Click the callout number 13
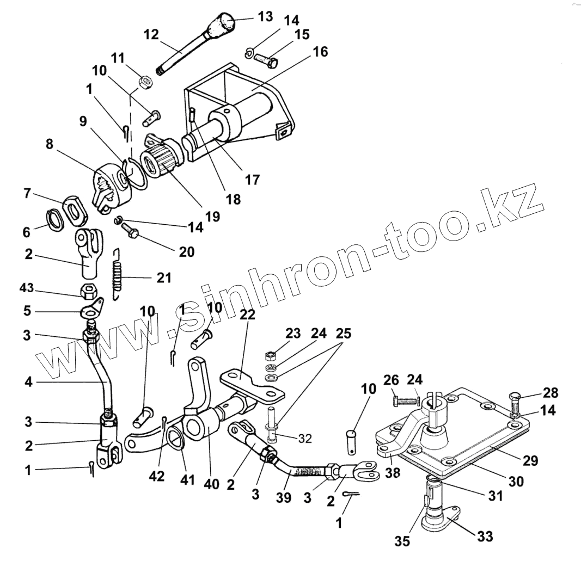click(265, 16)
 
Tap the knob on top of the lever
click(223, 24)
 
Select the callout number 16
click(321, 53)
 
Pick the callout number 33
click(485, 536)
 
